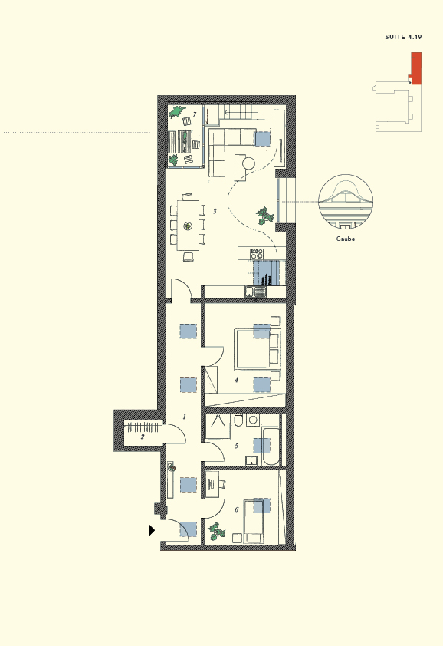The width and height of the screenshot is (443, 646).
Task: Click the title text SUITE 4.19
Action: click(x=403, y=37)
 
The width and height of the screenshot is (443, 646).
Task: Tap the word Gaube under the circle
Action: click(x=345, y=239)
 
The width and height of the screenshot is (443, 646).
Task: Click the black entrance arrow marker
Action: click(x=152, y=529)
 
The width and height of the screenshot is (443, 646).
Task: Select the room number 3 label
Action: click(x=215, y=211)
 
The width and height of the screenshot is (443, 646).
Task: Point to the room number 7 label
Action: click(x=195, y=114)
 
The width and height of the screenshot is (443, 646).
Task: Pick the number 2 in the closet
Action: click(x=142, y=437)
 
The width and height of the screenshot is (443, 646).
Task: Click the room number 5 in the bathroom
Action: click(x=236, y=446)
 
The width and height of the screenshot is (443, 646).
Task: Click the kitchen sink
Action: click(x=250, y=291)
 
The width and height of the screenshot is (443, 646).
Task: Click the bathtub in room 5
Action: click(x=271, y=446)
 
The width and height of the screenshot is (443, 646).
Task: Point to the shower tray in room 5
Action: click(x=218, y=427)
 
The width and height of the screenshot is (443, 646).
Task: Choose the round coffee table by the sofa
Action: click(x=248, y=163)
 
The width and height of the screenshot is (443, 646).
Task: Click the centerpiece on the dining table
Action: click(x=188, y=226)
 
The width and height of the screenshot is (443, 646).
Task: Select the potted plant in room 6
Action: click(x=218, y=531)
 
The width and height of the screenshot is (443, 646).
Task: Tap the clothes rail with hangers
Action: click(x=143, y=426)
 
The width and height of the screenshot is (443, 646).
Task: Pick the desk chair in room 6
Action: click(x=222, y=484)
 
